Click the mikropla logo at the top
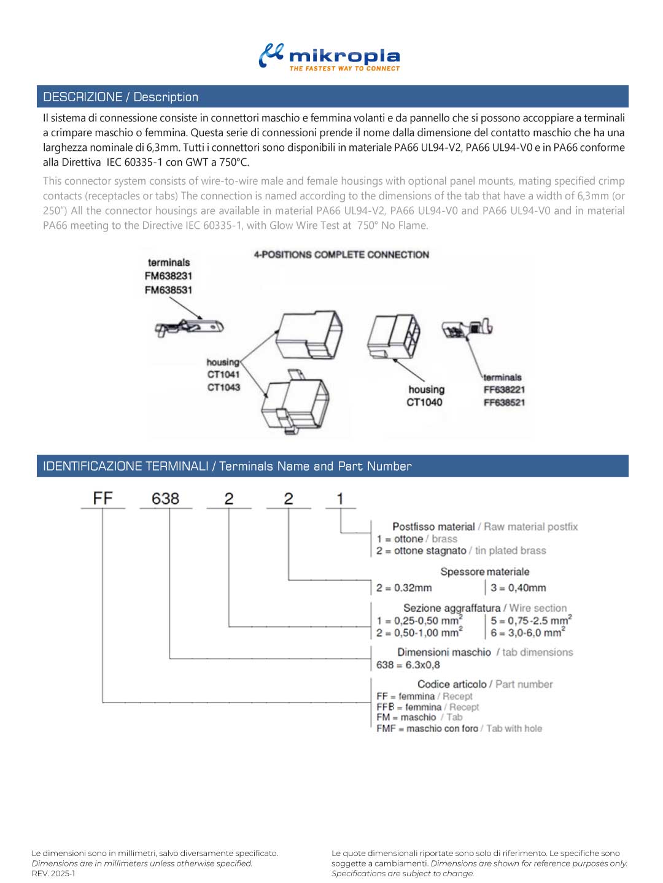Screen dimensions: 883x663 (x=330, y=57)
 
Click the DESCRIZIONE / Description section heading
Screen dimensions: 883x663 (x=120, y=97)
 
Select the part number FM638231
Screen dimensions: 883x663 (x=168, y=276)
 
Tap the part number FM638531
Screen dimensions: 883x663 (x=168, y=290)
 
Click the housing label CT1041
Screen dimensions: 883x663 (x=223, y=374)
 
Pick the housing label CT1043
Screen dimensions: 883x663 (x=223, y=387)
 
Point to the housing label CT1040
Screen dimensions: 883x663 (x=424, y=403)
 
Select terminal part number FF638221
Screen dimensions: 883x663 (x=504, y=390)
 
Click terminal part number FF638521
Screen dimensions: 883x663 (x=504, y=403)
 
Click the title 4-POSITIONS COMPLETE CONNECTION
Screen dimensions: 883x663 (x=341, y=255)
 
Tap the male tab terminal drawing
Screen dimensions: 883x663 (x=189, y=328)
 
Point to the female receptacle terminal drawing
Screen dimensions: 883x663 (x=467, y=329)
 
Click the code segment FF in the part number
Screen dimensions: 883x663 (x=103, y=498)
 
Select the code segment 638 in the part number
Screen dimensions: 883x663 (x=165, y=498)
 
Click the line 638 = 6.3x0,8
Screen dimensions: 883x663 (x=408, y=665)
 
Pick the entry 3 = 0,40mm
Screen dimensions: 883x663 (x=518, y=588)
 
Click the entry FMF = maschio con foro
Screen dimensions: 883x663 (x=427, y=728)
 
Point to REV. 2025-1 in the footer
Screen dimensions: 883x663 (x=53, y=873)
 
